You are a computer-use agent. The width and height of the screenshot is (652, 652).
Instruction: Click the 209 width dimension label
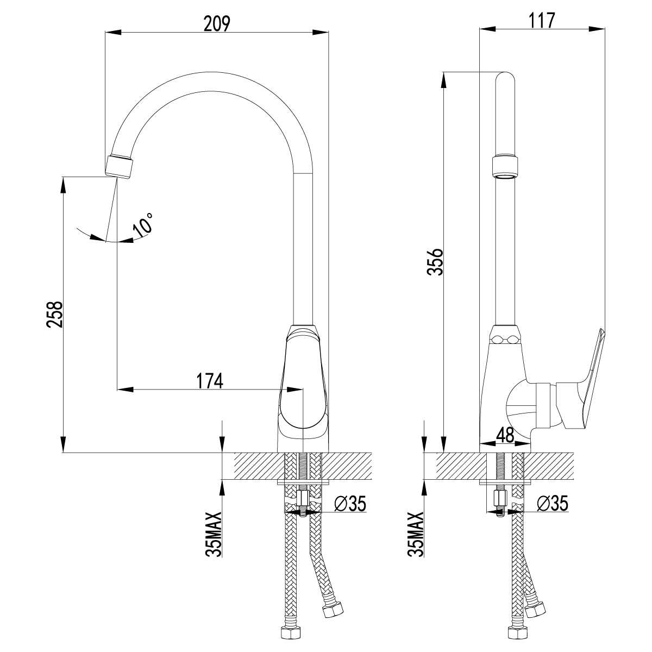(216, 22)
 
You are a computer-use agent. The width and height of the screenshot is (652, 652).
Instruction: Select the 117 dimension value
(541, 20)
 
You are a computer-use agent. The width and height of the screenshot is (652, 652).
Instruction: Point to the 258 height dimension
(55, 314)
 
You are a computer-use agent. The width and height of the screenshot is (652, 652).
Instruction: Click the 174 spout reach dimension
(210, 381)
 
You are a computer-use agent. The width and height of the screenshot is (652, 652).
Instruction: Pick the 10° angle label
(143, 225)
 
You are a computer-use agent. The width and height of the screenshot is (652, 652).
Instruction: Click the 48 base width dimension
(505, 435)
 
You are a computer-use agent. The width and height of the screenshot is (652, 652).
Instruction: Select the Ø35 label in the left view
(349, 505)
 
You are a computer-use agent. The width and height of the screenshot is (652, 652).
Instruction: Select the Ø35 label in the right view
(552, 505)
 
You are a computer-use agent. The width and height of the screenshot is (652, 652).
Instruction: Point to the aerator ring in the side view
(505, 167)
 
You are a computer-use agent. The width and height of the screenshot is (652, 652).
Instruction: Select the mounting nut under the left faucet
(303, 498)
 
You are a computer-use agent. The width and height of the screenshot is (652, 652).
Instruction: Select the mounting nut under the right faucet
(499, 498)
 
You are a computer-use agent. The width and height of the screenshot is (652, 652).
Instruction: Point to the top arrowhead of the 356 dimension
(444, 79)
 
